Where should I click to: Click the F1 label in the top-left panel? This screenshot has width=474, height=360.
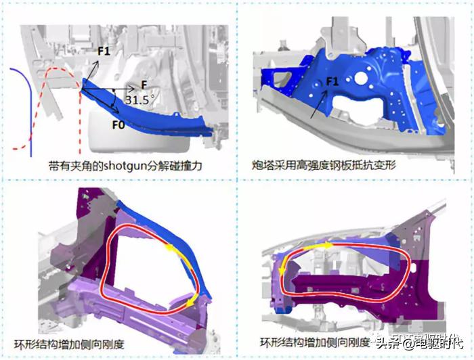tap(104, 51)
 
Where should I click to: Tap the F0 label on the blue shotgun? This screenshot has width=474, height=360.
tap(118, 125)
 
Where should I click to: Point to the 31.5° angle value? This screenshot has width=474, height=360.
tap(139, 99)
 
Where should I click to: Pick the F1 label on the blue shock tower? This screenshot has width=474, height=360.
tap(332, 81)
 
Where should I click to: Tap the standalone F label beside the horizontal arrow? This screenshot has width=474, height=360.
tap(144, 84)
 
